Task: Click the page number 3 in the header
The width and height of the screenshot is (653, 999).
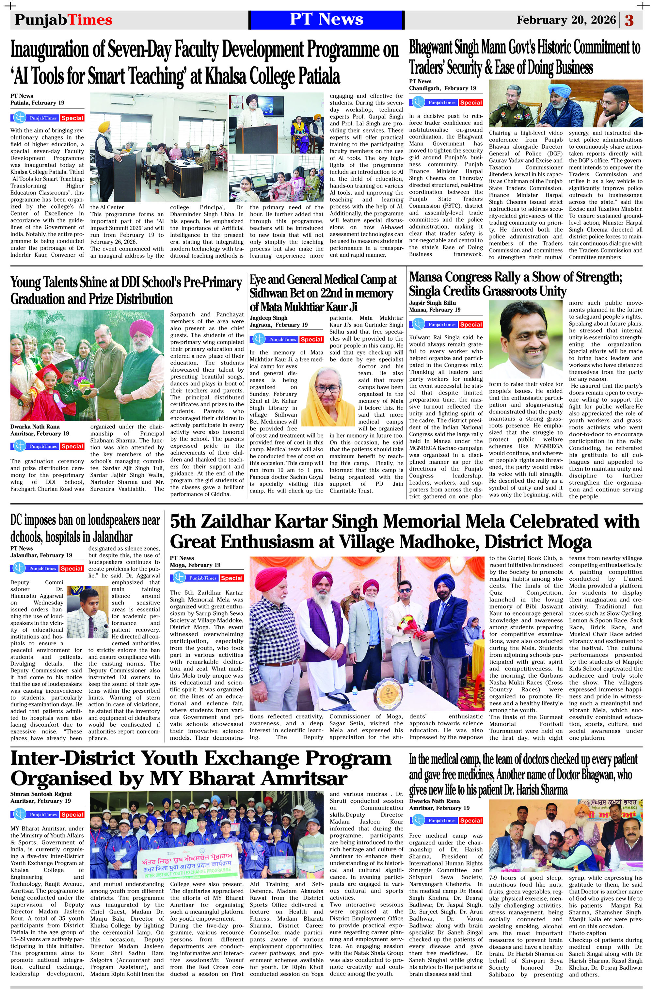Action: pyautogui.click(x=629, y=20)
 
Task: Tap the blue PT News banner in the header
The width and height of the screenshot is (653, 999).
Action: pyautogui.click(x=326, y=19)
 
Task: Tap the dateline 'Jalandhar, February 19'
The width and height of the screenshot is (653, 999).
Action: pyautogui.click(x=41, y=555)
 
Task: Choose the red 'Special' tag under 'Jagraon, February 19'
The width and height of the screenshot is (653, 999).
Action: pyautogui.click(x=311, y=339)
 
